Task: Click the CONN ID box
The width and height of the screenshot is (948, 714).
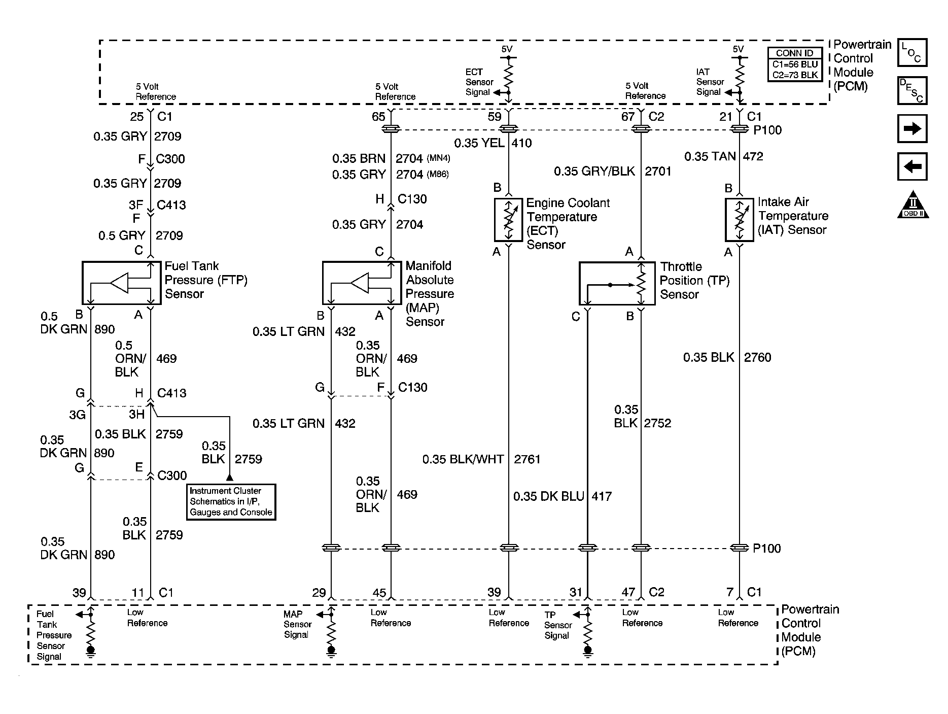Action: [795, 64]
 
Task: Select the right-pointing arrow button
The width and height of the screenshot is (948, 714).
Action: [912, 128]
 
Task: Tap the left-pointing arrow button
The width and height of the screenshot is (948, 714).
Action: [912, 166]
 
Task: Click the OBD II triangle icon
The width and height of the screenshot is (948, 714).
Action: [913, 205]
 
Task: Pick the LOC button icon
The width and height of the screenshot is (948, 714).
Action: [912, 52]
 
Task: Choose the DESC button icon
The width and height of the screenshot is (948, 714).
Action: [912, 90]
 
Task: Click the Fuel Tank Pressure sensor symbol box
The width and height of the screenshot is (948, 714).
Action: [121, 283]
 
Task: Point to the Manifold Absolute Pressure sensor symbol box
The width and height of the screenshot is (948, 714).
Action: [362, 283]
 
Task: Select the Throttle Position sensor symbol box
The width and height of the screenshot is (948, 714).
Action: [617, 284]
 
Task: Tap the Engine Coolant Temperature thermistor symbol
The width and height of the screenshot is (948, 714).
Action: [508, 219]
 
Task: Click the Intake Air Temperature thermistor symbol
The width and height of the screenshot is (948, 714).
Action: [740, 219]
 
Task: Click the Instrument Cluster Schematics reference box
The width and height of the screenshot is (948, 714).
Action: [231, 502]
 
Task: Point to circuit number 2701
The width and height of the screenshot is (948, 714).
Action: [658, 172]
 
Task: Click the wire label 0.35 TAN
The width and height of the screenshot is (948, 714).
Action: [710, 156]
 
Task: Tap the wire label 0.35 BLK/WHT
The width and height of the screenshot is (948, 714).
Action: [463, 459]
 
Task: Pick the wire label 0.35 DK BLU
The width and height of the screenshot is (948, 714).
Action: [549, 496]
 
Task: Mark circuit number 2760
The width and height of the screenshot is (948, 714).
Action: [757, 357]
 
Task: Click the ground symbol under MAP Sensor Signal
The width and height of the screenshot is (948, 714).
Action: [331, 652]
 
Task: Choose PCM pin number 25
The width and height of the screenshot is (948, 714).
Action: [137, 117]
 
